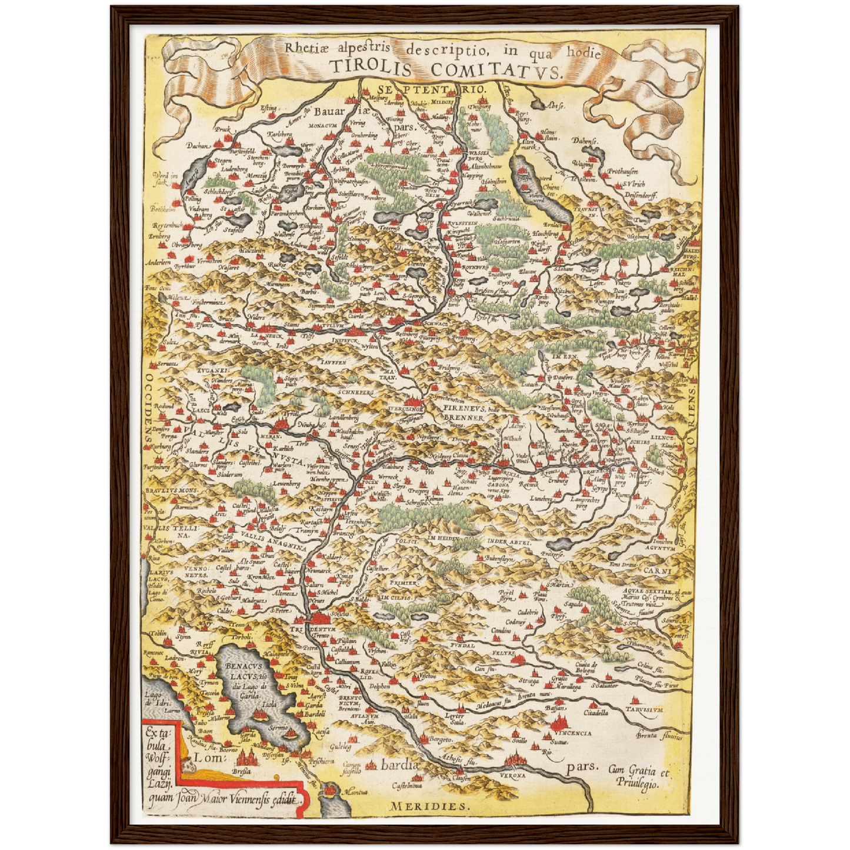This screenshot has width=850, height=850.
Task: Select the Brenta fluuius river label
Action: [x=659, y=736]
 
